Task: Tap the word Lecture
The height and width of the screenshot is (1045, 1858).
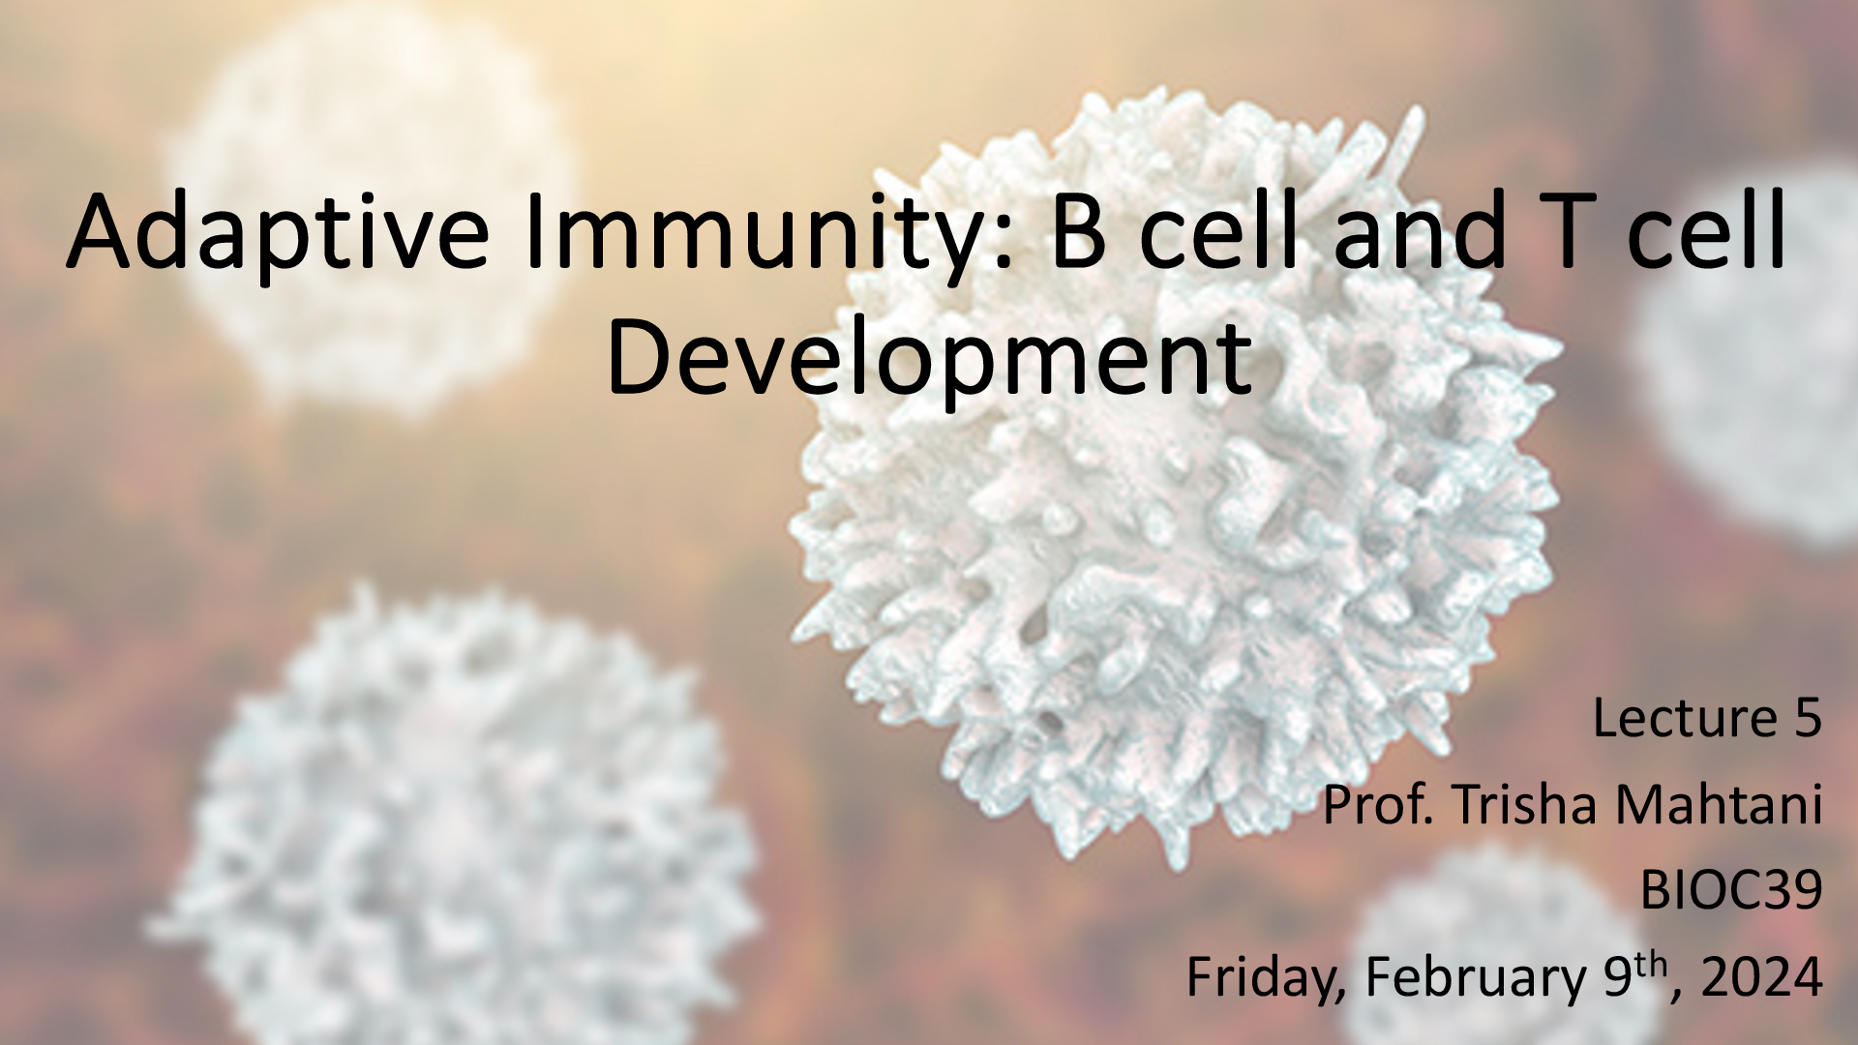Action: pyautogui.click(x=1680, y=718)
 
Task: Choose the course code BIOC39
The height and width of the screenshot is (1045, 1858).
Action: pyautogui.click(x=1731, y=890)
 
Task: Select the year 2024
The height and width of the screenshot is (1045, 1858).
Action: pyautogui.click(x=1761, y=978)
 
